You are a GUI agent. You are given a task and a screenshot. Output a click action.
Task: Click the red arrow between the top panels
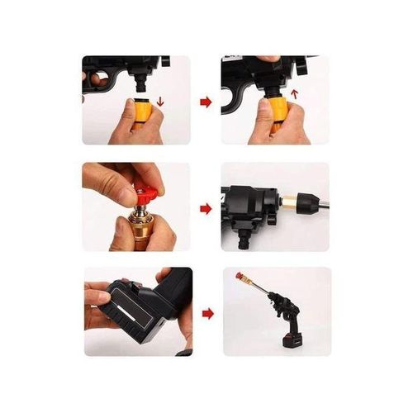206,102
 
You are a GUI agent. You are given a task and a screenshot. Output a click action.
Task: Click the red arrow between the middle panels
206,208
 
